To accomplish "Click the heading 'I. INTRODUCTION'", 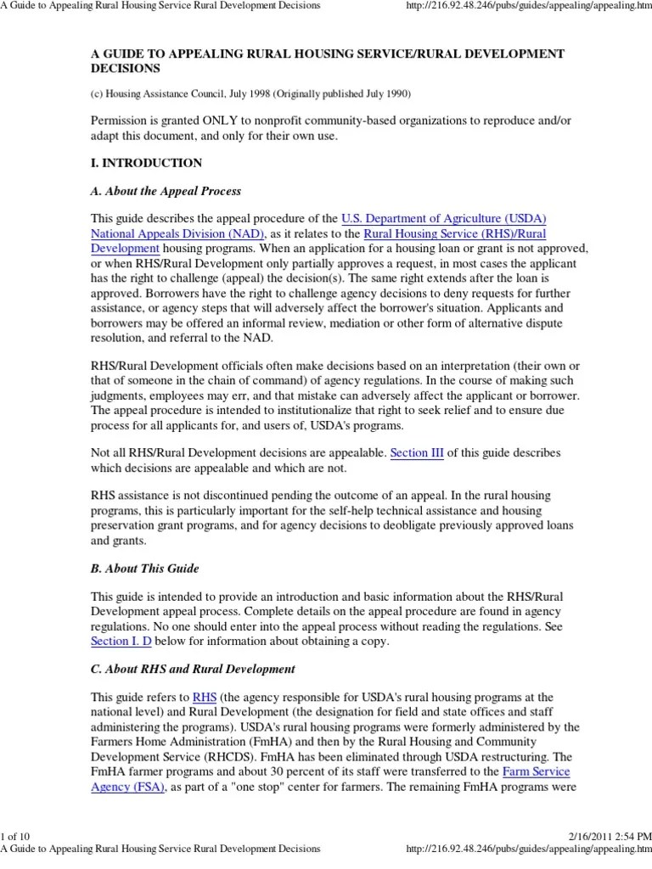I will (146, 162).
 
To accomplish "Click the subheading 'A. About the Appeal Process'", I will (166, 191).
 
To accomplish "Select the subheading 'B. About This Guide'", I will (145, 568).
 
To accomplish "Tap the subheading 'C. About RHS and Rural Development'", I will (193, 669).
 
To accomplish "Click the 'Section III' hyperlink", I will (417, 453).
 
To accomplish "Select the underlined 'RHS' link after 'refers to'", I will (205, 697).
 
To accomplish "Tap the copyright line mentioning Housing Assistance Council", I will (255, 93).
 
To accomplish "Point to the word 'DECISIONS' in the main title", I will (126, 67).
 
